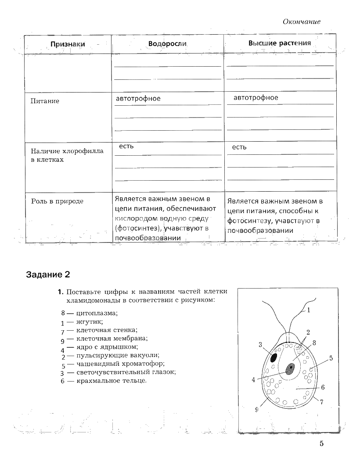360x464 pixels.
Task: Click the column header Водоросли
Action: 167,44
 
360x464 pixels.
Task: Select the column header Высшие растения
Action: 280,43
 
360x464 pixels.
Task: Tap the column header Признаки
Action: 68,44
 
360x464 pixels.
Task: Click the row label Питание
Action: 45,101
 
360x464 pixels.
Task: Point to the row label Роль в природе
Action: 57,201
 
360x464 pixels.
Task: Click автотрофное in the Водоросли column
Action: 138,99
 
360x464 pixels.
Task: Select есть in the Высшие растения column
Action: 239,147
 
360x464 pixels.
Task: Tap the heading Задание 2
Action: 48,275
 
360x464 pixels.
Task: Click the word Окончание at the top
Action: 301,21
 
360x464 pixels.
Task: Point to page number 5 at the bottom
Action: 321,444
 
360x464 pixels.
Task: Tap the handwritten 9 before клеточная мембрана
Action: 63,340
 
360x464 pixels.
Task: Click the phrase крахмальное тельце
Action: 111,381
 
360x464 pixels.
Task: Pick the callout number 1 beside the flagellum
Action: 309,310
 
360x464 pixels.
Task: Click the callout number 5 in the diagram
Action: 331,358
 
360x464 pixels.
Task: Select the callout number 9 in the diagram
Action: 256,410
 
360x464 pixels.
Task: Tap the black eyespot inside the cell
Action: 273,357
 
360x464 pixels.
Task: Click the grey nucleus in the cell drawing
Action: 290,368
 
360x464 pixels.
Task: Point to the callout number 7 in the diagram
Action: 321,401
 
